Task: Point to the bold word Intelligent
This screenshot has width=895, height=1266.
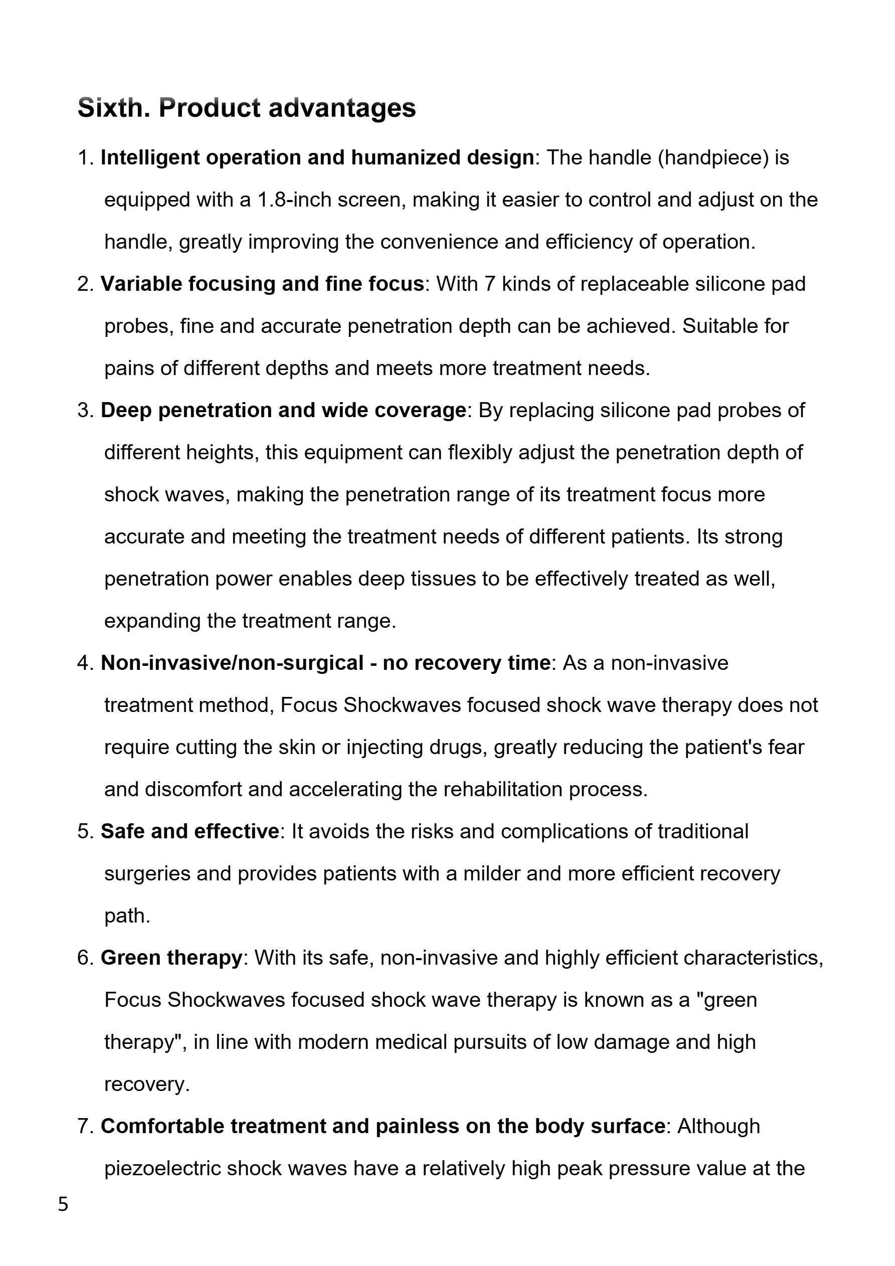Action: point(149,158)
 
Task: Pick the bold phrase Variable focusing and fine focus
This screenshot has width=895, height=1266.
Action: point(262,284)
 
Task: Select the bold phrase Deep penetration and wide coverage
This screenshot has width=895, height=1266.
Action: point(283,410)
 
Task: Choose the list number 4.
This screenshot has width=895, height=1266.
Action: point(85,663)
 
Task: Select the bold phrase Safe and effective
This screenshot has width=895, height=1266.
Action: point(190,831)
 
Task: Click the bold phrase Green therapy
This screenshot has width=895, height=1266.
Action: point(171,958)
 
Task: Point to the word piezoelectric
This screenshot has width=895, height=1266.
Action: point(162,1168)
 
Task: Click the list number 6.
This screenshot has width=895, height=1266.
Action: point(85,958)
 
